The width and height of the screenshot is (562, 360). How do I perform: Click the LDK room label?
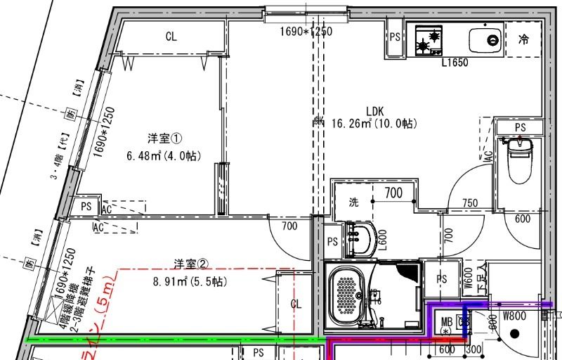(x=374, y=110)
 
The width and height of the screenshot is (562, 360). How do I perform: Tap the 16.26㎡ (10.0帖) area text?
(x=374, y=123)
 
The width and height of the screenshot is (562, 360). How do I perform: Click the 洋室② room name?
(x=191, y=264)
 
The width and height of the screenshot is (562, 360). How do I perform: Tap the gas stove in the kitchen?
(x=428, y=40)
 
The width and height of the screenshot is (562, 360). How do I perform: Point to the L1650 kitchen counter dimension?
(x=455, y=63)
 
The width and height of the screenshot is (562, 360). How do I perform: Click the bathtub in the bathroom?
(x=347, y=295)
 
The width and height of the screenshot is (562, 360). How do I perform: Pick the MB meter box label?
(x=446, y=323)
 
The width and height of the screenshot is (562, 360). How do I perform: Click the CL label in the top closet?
(x=171, y=37)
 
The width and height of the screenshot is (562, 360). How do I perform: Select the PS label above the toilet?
(x=520, y=127)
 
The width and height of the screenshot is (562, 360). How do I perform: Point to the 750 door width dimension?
(x=469, y=203)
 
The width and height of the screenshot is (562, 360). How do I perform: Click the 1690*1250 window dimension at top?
(x=306, y=31)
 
